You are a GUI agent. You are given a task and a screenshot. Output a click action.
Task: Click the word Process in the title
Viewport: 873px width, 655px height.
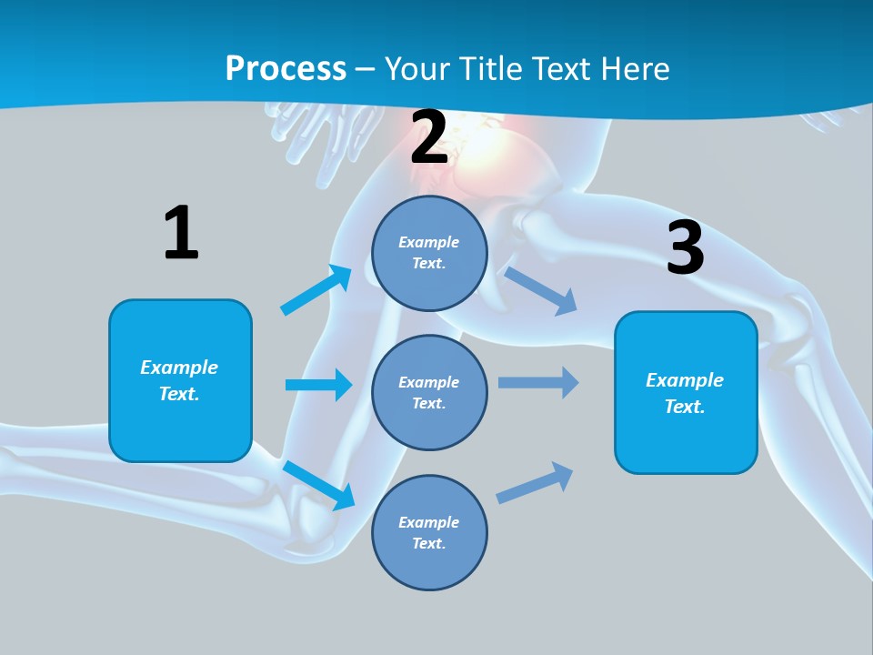click(x=286, y=69)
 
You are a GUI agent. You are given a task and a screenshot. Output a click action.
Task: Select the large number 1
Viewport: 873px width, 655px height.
click(x=181, y=233)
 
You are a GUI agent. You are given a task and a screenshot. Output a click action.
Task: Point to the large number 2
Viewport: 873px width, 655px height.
click(x=429, y=137)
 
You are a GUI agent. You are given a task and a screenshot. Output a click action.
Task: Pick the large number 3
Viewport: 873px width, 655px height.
click(x=686, y=247)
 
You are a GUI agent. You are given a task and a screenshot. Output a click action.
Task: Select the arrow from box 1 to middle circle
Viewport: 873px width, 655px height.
click(x=318, y=385)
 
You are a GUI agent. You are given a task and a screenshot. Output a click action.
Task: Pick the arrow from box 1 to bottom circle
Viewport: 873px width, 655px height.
click(x=318, y=485)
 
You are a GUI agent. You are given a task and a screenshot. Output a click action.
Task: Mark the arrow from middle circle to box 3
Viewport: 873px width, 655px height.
click(x=538, y=382)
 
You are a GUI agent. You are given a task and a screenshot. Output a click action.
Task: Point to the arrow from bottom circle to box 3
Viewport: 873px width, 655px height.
click(x=535, y=483)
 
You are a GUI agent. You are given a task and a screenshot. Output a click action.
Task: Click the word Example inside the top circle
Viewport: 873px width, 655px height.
click(x=429, y=242)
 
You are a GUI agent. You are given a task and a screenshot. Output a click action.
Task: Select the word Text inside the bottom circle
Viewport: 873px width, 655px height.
click(x=427, y=543)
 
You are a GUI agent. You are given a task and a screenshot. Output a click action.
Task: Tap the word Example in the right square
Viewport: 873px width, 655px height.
click(x=685, y=380)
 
